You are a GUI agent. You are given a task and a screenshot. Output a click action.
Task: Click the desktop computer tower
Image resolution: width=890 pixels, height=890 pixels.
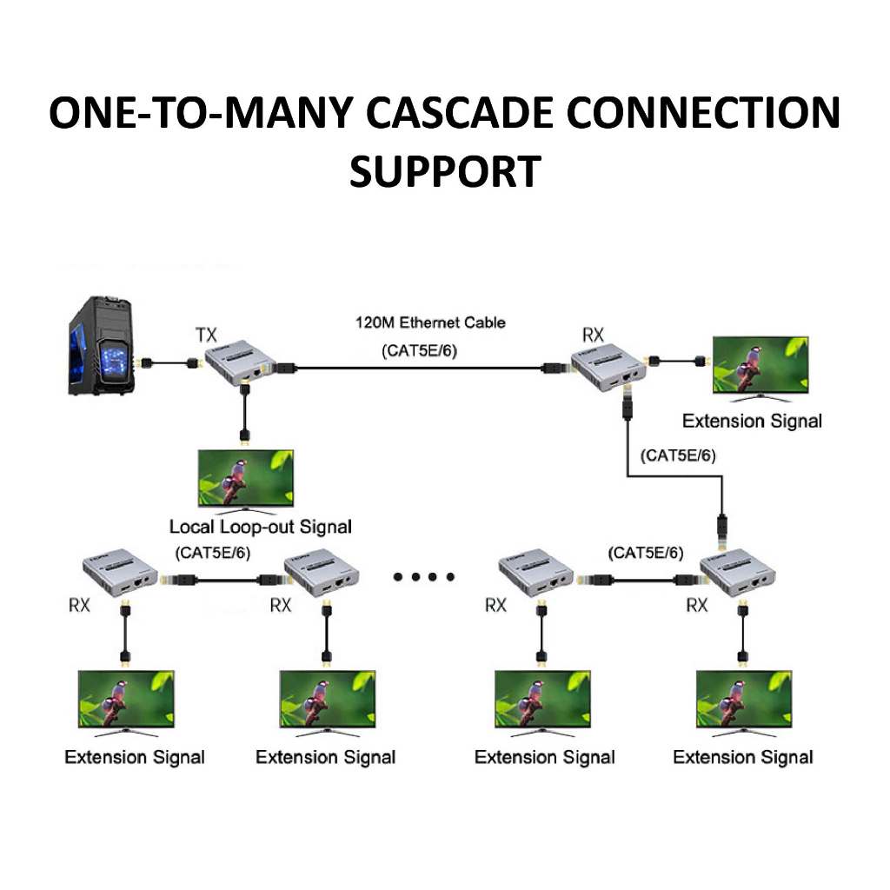pos(102,347)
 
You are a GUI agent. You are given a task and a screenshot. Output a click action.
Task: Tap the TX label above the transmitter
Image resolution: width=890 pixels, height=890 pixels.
pos(207,334)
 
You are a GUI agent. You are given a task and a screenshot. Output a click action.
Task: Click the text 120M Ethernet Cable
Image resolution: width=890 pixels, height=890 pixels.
pos(429,322)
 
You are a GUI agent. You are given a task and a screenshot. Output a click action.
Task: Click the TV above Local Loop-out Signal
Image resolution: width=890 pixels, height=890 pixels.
pos(245,479)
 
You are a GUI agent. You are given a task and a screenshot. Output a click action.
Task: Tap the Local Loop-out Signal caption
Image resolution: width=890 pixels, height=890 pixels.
pos(261,527)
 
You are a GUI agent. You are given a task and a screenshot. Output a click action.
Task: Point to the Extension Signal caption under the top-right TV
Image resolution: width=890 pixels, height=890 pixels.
pos(752,422)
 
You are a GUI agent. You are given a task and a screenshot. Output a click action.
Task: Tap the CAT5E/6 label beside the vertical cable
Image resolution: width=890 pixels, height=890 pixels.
pos(677,455)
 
